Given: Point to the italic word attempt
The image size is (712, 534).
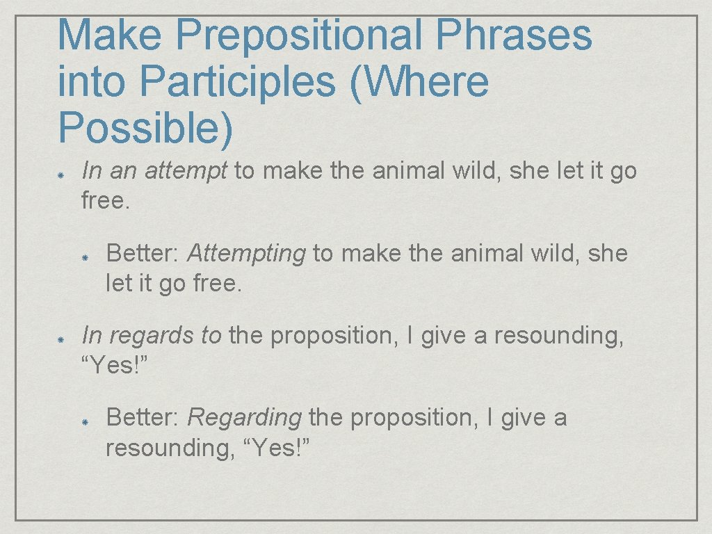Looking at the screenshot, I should (186, 171).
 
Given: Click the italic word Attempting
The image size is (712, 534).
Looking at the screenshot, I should (247, 254).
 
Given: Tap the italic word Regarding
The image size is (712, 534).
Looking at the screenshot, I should (244, 418).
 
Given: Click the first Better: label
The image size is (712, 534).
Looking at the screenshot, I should (144, 254).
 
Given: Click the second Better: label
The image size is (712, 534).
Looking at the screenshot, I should (144, 418).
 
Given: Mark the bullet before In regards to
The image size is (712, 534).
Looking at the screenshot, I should (61, 337).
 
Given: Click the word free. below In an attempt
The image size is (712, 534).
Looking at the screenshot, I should (106, 202).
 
